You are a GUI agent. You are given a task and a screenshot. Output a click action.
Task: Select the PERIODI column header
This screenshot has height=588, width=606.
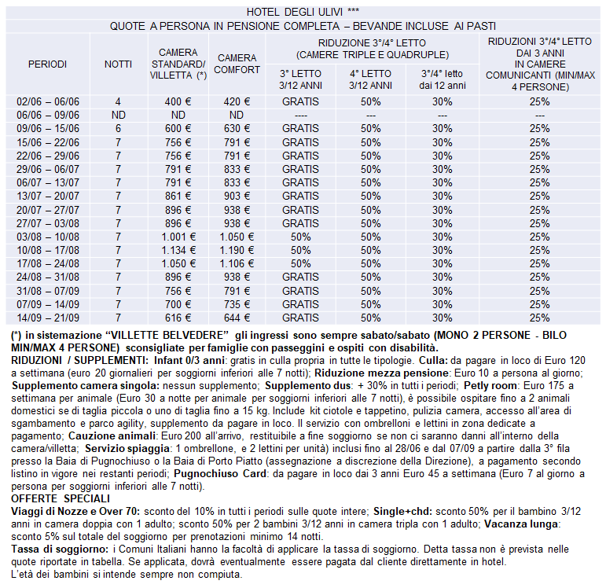[47, 64]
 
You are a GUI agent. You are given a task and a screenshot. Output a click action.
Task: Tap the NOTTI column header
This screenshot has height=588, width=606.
[118, 64]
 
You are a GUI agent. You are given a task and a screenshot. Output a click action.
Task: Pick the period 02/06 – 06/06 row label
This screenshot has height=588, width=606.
[47, 101]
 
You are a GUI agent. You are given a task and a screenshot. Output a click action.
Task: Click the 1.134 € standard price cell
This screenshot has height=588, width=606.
[178, 250]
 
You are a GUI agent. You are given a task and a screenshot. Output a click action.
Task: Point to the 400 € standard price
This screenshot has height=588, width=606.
[178, 101]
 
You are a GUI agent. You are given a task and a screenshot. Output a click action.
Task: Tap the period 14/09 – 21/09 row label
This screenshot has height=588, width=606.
[47, 318]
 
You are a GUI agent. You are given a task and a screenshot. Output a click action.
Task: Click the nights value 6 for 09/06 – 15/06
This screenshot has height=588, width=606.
[118, 129]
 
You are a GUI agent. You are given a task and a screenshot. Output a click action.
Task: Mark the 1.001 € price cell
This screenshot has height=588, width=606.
[178, 237]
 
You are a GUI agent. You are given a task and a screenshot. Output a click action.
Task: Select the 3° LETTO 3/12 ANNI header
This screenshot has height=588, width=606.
[300, 79]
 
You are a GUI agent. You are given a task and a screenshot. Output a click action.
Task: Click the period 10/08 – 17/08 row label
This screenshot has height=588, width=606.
[47, 250]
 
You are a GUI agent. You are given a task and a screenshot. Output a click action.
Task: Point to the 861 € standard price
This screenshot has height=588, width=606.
[178, 196]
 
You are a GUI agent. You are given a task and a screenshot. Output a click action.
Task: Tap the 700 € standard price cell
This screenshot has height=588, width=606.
[178, 304]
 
